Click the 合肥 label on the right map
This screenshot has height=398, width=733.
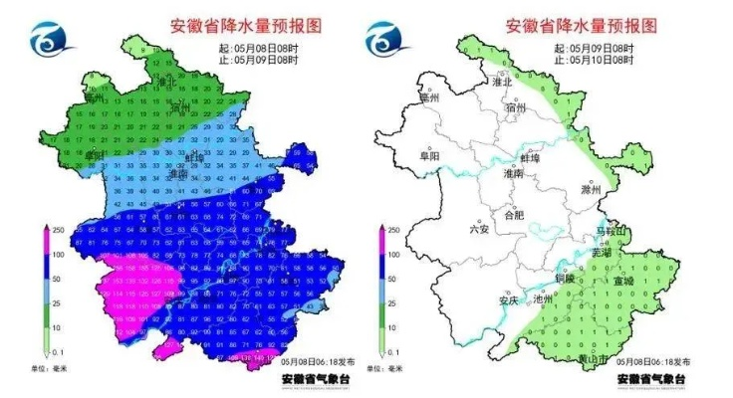(x=514, y=214)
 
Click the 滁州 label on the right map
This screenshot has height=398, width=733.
(x=592, y=189)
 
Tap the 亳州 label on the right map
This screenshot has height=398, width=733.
(x=430, y=98)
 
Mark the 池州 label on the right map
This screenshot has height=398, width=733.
(x=544, y=298)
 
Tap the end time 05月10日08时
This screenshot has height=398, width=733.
(x=601, y=60)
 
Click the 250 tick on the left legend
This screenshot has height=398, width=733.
(x=60, y=230)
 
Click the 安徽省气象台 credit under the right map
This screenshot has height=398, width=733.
(x=651, y=379)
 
